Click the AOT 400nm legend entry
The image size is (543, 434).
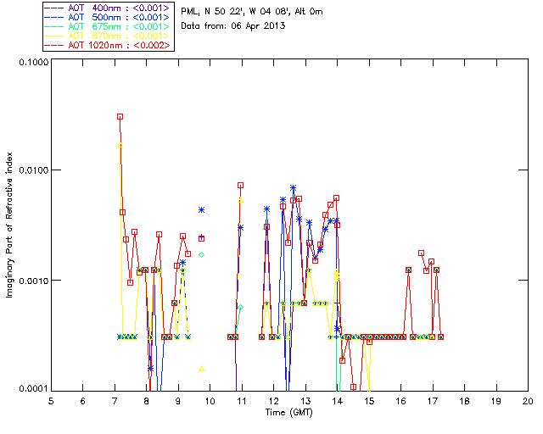[107, 7]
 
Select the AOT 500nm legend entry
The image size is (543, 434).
[107, 16]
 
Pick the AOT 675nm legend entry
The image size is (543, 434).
[107, 25]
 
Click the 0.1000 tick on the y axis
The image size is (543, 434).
[32, 62]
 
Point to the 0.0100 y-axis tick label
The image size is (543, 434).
[32, 170]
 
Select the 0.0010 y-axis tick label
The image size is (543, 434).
[32, 280]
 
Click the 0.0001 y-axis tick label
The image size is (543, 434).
[32, 388]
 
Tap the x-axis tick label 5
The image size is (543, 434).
[51, 401]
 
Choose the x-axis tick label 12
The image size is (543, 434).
[273, 401]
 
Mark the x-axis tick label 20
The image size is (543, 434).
[528, 401]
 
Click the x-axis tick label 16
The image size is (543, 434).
[400, 401]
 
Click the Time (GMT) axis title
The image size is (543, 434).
[288, 412]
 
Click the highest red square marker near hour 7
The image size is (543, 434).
[120, 116]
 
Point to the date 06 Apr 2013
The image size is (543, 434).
[254, 25]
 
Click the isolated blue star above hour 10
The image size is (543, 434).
[201, 209]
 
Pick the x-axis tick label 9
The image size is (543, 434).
[178, 401]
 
